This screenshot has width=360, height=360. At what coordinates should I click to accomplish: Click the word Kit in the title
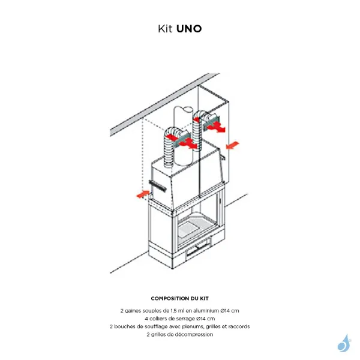(166, 28)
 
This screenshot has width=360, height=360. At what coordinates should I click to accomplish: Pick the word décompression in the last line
(196, 334)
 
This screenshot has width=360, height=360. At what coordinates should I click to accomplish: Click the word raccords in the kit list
(238, 326)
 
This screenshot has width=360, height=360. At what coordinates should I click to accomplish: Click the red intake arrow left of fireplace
(142, 194)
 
